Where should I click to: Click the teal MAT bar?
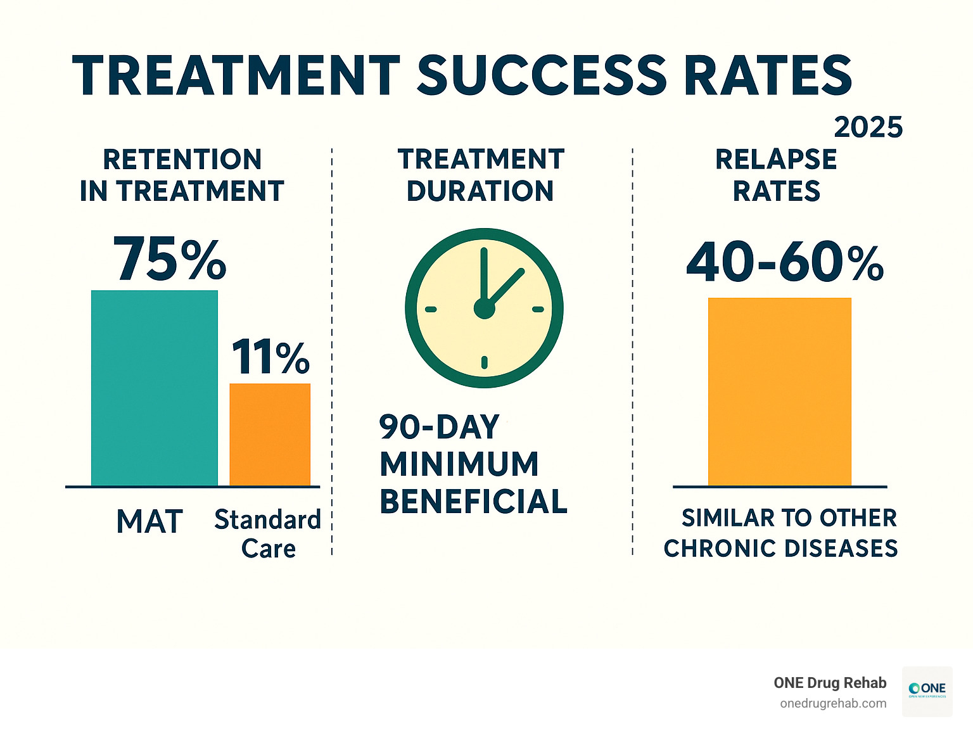point(155,388)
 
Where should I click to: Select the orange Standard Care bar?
point(270,435)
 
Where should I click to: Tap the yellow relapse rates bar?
point(779,391)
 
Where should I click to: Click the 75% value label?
point(169,260)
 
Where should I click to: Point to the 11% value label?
point(270,357)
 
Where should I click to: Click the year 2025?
point(868,127)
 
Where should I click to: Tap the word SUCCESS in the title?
point(542,75)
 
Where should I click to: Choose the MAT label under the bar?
point(150,522)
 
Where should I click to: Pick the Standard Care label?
point(268,533)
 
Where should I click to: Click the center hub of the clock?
point(484,309)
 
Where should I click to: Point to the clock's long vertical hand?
point(484,272)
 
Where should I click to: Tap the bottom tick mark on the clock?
point(484,362)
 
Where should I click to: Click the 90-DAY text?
point(440,427)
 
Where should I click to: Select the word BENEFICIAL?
point(473,502)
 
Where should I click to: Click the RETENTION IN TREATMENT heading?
point(182,175)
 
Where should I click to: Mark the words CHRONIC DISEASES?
point(780,548)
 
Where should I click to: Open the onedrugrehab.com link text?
point(833,703)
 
